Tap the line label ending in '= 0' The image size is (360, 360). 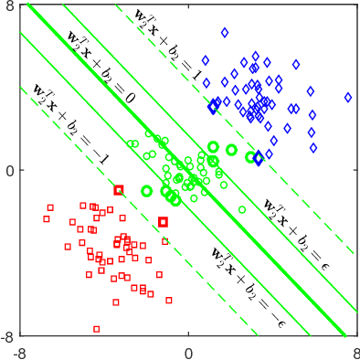coord(101,67)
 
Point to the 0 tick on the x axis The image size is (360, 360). coord(188,351)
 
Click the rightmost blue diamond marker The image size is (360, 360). coord(348,97)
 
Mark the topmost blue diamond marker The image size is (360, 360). coord(225,32)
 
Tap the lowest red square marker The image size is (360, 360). coord(97,328)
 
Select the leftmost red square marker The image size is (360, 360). coord(47,218)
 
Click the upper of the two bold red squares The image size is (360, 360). coord(119,190)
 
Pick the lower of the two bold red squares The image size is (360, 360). coord(164,222)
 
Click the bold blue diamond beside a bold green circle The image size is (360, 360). coord(259,158)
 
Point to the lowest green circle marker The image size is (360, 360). coord(242,209)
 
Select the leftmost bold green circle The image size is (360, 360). coord(146,191)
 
